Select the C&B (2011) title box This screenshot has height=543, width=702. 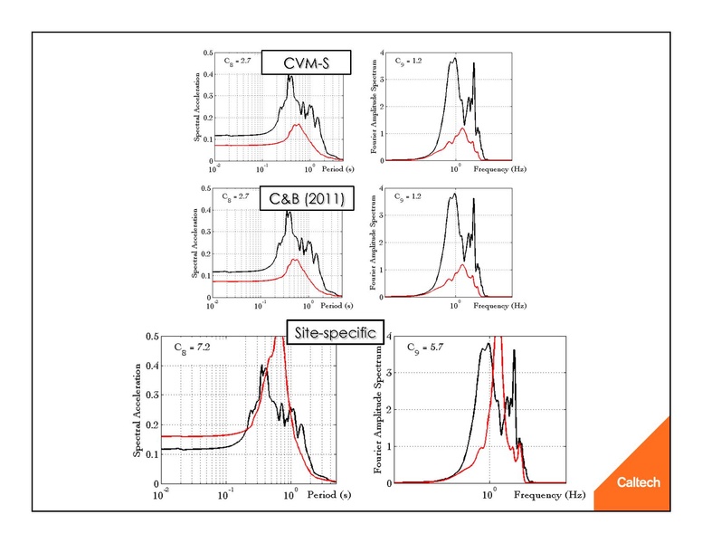coord(302,198)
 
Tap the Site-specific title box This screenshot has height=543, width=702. coord(332,332)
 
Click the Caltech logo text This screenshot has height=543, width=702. coord(639,482)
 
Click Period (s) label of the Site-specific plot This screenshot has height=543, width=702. coord(329,495)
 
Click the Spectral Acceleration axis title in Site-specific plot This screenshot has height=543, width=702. coord(138,410)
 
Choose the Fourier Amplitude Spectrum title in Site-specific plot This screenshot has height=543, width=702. coord(371,410)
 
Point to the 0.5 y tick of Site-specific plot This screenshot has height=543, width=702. coord(152,337)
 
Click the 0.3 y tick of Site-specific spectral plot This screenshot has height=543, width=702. coord(152,395)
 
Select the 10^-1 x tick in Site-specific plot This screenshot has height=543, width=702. coord(226,494)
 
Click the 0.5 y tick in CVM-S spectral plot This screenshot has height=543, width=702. coord(207,53)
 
